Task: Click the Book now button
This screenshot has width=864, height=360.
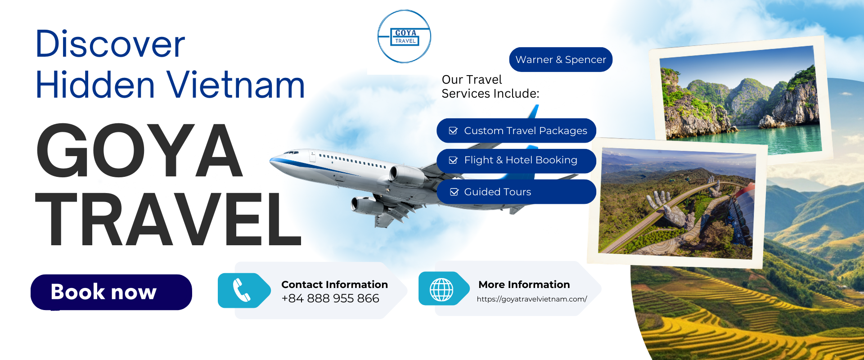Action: tap(111, 292)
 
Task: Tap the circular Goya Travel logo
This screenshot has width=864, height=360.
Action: tap(404, 36)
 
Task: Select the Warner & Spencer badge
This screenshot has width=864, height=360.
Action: tap(561, 59)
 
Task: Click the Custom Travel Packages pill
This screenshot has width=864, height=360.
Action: tap(516, 130)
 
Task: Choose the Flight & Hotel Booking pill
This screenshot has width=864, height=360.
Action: tap(516, 161)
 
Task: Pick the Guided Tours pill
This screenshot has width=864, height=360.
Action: tap(516, 192)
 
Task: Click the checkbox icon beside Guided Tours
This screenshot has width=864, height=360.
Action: tap(454, 192)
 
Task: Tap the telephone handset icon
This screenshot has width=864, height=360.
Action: tap(242, 290)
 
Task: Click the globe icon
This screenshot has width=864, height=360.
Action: tap(441, 289)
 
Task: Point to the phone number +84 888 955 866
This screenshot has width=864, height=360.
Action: tap(330, 298)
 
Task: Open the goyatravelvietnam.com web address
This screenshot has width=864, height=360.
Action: tap(532, 299)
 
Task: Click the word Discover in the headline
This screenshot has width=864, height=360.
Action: tap(110, 44)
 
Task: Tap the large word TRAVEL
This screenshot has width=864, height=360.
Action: tap(168, 219)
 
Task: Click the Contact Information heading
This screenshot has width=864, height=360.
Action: tap(334, 284)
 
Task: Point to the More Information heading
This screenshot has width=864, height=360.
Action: tap(524, 284)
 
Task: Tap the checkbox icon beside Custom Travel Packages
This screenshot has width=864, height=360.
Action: tap(454, 131)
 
